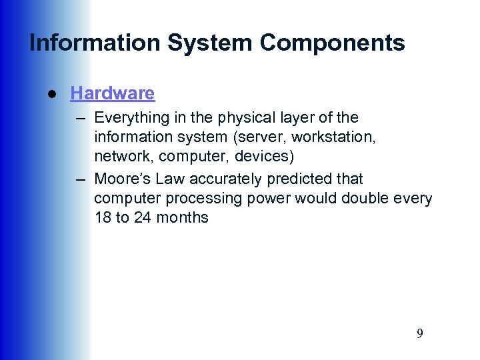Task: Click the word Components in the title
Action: tap(332, 43)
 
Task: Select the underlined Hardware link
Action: tap(112, 93)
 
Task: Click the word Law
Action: tap(171, 179)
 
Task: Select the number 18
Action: tap(103, 217)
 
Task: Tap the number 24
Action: tap(143, 217)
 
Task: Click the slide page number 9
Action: tap(419, 334)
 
